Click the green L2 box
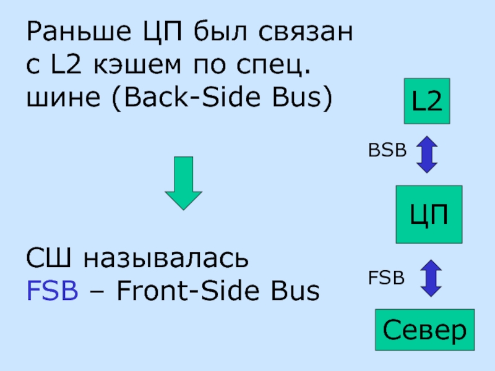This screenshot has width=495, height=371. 427,101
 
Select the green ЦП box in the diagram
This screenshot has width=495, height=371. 429,214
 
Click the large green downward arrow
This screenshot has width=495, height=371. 183,183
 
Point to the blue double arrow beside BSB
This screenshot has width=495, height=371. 427,154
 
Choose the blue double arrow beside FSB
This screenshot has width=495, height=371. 430,278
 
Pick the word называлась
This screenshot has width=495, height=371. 167,258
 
